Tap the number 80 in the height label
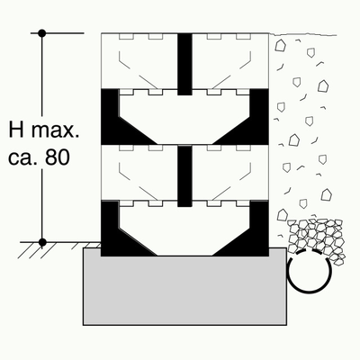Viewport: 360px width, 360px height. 58,157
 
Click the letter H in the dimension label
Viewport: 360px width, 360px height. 16,130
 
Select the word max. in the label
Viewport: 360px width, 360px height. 56,130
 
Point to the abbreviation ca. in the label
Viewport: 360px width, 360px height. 22,158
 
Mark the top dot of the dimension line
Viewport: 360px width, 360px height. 42,33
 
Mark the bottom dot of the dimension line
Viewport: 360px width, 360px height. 42,242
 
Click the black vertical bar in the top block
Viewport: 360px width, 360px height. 184,64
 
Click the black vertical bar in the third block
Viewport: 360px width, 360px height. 184,176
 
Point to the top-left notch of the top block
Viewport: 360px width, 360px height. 126,36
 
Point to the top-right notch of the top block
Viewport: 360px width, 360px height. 243,36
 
